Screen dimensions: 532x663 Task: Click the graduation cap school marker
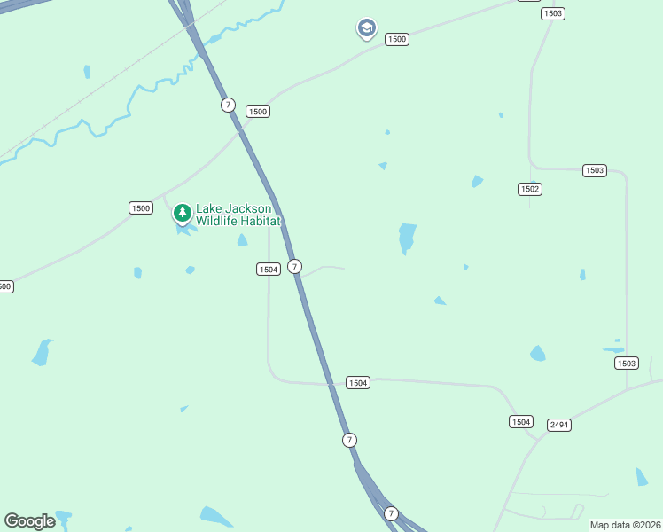pos(366,28)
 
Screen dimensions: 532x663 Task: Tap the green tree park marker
pos(183,213)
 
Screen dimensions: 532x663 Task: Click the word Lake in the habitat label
pos(210,208)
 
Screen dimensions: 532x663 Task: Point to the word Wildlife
pos(218,221)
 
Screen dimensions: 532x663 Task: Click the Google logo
pos(29,521)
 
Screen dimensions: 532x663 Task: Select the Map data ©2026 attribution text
pos(625,525)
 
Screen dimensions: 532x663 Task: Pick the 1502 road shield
pos(530,189)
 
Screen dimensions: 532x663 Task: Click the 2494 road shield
pos(558,425)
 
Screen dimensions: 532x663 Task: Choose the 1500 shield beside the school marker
pos(396,39)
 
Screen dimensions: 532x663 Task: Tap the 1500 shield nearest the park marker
pos(140,207)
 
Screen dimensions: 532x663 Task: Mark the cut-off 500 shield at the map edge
pos(4,286)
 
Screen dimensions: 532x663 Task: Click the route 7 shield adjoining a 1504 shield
pos(295,266)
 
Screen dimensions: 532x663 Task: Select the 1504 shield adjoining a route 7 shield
pos(269,269)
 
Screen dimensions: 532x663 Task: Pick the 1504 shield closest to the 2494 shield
pos(520,421)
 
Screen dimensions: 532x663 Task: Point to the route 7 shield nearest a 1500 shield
pos(229,105)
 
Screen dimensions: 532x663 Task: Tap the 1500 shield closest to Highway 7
pos(257,111)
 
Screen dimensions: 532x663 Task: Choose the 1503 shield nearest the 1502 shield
pos(594,169)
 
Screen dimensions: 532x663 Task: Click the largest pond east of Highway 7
pos(407,238)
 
